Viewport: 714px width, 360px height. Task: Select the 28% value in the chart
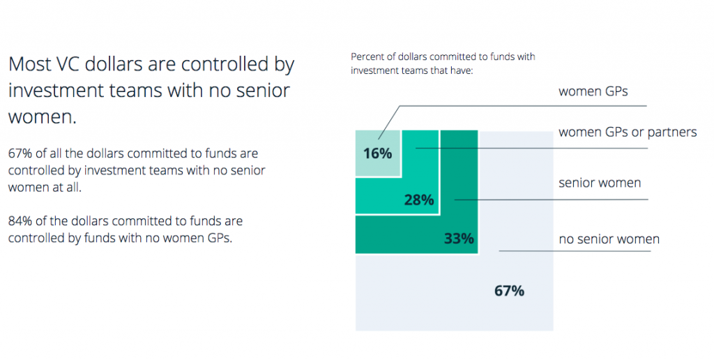(419, 200)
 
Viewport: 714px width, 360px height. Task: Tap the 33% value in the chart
(459, 239)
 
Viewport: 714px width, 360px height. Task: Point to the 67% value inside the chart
(509, 291)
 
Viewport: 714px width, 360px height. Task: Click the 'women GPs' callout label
(593, 91)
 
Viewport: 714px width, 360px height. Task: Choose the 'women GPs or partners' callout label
(628, 132)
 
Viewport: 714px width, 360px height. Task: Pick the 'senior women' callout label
(600, 183)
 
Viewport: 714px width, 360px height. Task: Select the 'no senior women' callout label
(609, 239)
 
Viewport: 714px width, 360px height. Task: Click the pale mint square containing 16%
(377, 142)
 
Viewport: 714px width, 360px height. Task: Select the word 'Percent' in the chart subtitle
(368, 57)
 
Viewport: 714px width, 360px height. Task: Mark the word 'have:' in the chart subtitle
(462, 70)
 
